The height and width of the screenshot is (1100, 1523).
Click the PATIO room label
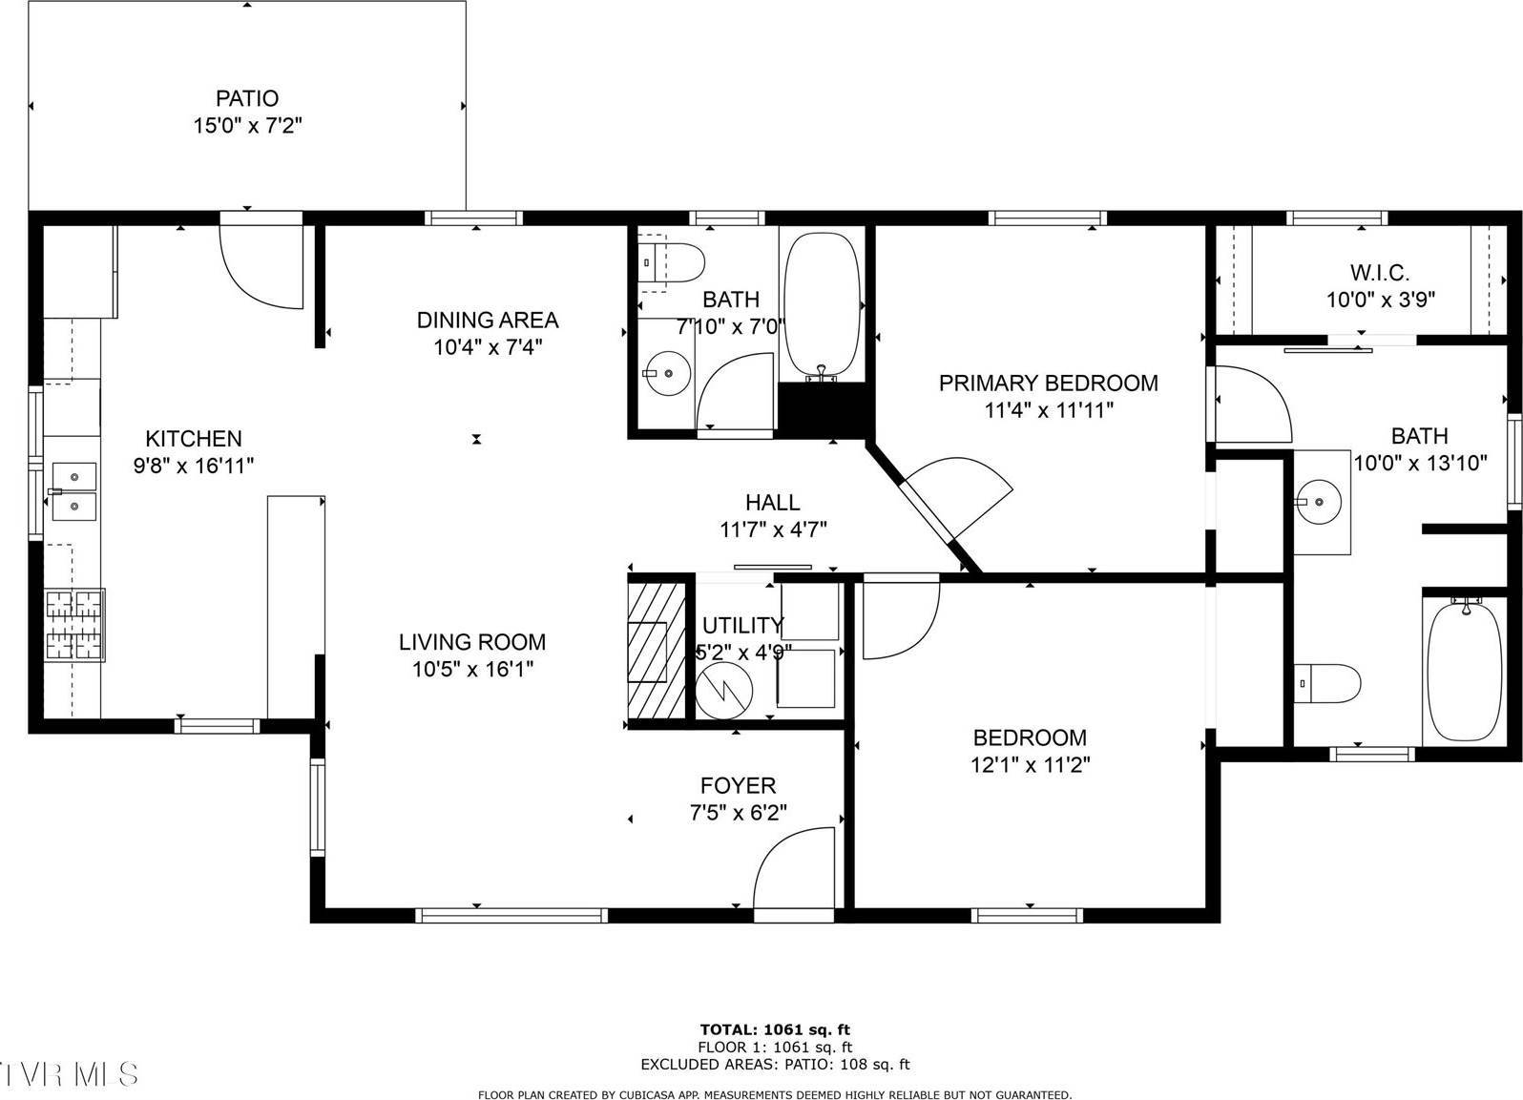pyautogui.click(x=247, y=98)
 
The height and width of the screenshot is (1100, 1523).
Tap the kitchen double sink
pyautogui.click(x=73, y=491)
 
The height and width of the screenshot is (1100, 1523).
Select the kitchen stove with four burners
pyautogui.click(x=74, y=625)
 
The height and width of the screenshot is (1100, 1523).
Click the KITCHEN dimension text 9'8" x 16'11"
pyautogui.click(x=194, y=466)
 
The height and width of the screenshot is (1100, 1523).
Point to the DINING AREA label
pyautogui.click(x=487, y=320)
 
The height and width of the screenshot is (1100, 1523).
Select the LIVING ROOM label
pyautogui.click(x=472, y=642)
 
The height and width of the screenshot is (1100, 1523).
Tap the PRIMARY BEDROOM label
pyautogui.click(x=1048, y=384)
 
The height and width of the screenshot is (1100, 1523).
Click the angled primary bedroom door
pyautogui.click(x=957, y=497)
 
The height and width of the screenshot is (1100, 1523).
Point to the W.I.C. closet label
pyautogui.click(x=1380, y=273)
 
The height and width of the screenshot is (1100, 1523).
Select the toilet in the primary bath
pyautogui.click(x=1328, y=683)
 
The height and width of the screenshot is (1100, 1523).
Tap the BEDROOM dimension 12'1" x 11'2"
pyautogui.click(x=1030, y=764)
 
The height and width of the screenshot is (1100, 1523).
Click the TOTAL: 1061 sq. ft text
pyautogui.click(x=775, y=1029)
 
